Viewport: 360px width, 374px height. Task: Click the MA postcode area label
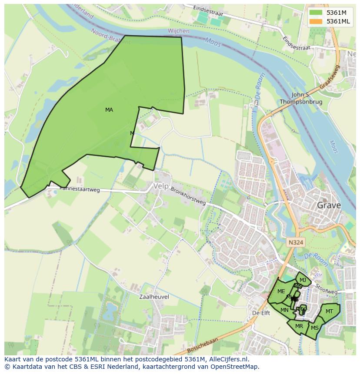(109, 110)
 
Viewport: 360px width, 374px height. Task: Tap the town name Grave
(329, 205)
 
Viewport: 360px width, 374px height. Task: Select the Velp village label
(160, 186)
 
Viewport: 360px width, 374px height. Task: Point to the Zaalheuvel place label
(154, 297)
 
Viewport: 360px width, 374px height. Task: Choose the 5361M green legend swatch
(316, 13)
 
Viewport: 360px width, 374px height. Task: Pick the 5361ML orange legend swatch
(316, 21)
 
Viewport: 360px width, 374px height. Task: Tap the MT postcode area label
(329, 311)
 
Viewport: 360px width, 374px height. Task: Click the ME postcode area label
(281, 291)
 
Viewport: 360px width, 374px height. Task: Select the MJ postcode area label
(303, 280)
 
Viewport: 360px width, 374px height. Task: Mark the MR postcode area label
(299, 326)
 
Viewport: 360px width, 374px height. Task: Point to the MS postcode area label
(315, 328)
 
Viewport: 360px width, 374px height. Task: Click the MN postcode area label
(284, 310)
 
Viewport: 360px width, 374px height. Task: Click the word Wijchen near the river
(178, 31)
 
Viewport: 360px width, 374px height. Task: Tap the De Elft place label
(261, 313)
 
